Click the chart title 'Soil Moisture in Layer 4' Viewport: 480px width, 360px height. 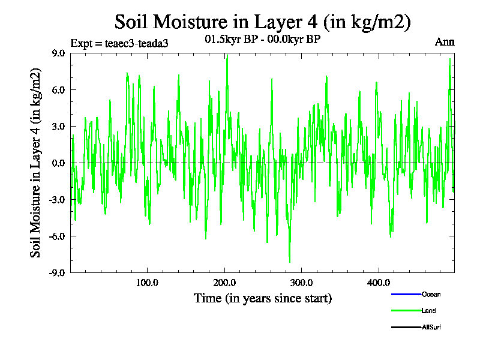point(262,22)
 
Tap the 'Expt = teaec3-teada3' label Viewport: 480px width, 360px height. point(115,43)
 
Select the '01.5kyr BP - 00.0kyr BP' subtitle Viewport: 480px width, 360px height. point(262,40)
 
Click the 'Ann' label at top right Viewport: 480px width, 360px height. point(445,42)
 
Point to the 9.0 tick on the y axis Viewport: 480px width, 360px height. point(58,53)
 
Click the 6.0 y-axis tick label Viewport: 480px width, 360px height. point(58,89)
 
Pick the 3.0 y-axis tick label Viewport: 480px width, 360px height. point(58,126)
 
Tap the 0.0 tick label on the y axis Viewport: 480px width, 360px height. point(58,163)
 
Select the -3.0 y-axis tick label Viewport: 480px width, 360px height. point(57,199)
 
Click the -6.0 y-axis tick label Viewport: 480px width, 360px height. point(57,236)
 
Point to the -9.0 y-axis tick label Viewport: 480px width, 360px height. point(57,272)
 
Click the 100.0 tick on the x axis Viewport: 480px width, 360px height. point(146,283)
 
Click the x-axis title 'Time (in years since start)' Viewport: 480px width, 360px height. point(263,298)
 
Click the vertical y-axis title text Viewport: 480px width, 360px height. point(37,163)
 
